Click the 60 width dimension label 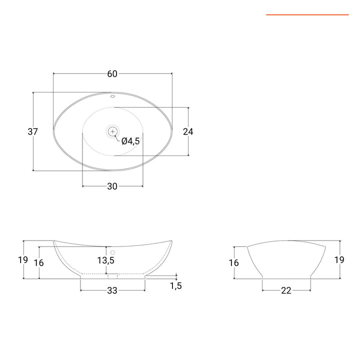pos(112,74)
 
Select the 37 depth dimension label pos(33,132)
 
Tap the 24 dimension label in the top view pos(188,132)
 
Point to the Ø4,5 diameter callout pos(130,141)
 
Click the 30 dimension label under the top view pos(112,186)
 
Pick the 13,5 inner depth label pos(106,260)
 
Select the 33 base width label pos(112,290)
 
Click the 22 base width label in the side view pos(286,290)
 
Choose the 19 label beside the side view pos(339,260)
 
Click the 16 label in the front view pos(39,262)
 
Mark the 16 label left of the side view pos(233,262)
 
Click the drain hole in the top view pos(112,131)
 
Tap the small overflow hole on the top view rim pos(112,95)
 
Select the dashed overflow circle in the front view pos(113,252)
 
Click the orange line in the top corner pos(307,15)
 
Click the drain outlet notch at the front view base pos(112,275)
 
